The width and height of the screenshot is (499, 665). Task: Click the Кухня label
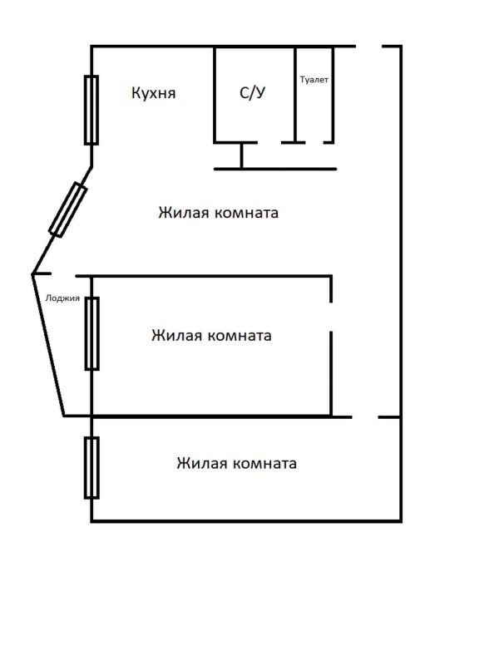click(154, 93)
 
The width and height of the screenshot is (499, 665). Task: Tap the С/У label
click(253, 92)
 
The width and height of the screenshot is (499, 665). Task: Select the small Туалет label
click(314, 80)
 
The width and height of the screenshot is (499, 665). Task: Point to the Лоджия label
click(62, 298)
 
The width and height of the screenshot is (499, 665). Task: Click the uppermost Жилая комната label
click(219, 212)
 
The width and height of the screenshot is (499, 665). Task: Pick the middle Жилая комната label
click(211, 335)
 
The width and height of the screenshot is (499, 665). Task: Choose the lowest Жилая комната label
click(237, 463)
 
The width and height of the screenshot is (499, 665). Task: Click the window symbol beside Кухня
click(91, 111)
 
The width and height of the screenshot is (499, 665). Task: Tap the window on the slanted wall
click(68, 209)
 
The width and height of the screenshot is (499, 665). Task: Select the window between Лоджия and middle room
click(92, 334)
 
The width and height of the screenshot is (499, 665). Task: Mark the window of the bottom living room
click(92, 467)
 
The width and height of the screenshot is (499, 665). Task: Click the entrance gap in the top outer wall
click(369, 47)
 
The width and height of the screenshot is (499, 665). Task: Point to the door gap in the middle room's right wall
click(331, 317)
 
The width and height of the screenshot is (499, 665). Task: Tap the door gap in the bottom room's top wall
click(365, 417)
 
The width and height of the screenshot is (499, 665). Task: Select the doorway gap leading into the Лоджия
click(63, 275)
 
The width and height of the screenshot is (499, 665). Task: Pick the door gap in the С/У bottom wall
click(269, 142)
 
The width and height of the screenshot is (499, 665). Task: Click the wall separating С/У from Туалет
click(295, 94)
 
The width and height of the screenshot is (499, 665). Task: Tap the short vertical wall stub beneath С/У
click(241, 155)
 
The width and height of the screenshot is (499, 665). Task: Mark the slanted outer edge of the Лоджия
click(48, 345)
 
